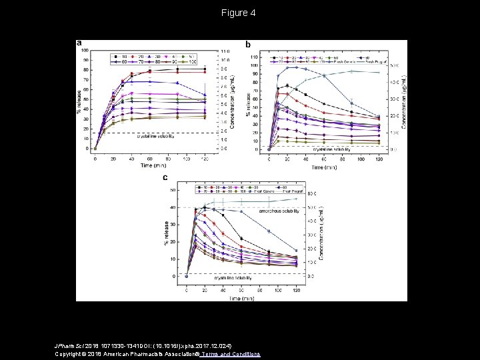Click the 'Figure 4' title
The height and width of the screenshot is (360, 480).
pos(240,13)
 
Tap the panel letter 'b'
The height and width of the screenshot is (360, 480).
pos(249,45)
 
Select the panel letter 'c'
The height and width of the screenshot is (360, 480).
pos(165,177)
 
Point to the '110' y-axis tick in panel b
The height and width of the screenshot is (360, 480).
pos(252,57)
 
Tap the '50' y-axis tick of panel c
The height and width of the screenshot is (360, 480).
pos(173,190)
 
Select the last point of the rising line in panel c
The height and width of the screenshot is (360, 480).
pos(295,198)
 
